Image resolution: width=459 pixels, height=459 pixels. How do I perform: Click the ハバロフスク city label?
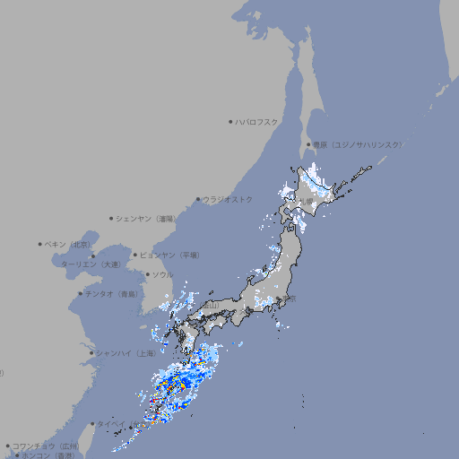(x=258, y=121)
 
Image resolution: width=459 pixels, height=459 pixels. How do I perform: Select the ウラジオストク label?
(x=229, y=199)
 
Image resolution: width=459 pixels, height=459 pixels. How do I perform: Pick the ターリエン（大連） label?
(x=91, y=264)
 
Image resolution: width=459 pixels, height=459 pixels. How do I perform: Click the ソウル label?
(x=163, y=274)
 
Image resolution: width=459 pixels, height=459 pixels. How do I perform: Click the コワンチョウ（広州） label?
(x=45, y=446)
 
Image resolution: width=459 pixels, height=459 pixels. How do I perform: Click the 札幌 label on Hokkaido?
(x=308, y=201)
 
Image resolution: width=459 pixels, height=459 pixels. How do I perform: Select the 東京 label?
(x=288, y=299)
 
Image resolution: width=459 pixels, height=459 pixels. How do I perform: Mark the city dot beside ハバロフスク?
(x=230, y=121)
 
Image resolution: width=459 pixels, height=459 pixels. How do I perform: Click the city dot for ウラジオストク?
(x=198, y=199)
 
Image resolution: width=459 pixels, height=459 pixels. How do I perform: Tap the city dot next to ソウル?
(x=147, y=274)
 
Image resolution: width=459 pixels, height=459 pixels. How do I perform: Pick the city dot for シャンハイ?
(x=91, y=352)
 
